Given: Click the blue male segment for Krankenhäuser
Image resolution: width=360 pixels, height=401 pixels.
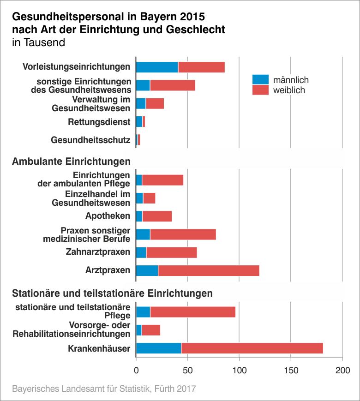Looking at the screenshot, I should click(158, 348).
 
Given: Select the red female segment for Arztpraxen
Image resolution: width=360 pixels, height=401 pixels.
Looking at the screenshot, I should click(209, 270).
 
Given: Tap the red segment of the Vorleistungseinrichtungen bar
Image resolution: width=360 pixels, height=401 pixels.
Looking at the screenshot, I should click(201, 67).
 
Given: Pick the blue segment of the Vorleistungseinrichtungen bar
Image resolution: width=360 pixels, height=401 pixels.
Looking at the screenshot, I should click(157, 67).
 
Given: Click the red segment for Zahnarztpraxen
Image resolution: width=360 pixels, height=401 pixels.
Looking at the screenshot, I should click(172, 252).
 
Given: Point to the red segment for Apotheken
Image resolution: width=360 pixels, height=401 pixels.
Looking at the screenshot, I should click(157, 216).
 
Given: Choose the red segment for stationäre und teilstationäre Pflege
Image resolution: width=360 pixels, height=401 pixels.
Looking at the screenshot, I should click(193, 311).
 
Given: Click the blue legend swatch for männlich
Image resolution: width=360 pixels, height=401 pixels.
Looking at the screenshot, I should click(260, 80).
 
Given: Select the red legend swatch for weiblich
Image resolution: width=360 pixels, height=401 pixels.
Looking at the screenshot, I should click(260, 90).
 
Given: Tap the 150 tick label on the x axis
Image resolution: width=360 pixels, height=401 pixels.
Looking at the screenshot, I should click(291, 371).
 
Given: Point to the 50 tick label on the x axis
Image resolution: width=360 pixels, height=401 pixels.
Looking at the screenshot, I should click(187, 371).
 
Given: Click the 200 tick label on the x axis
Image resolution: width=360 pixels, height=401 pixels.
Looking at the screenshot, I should click(342, 371).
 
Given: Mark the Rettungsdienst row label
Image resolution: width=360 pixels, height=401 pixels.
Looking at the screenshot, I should click(99, 122).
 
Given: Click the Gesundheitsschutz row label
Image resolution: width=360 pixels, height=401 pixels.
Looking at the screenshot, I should click(90, 140).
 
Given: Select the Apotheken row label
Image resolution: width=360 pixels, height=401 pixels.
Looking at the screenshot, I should click(108, 216).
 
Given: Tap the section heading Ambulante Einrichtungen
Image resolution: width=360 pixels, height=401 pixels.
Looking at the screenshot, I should click(71, 162).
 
